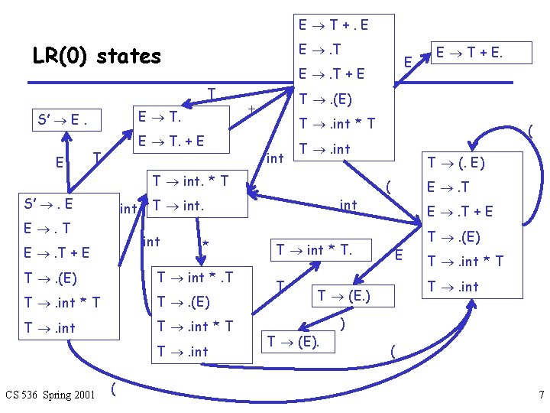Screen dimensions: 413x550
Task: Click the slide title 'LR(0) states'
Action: pyautogui.click(x=97, y=56)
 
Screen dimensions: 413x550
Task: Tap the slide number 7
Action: pyautogui.click(x=541, y=395)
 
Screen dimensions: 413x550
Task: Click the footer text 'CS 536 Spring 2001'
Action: pyautogui.click(x=50, y=395)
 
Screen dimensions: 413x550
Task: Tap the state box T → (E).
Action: pyautogui.click(x=293, y=341)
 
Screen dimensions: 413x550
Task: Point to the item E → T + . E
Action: pyautogui.click(x=333, y=25)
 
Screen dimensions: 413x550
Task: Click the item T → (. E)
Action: pyautogui.click(x=456, y=162)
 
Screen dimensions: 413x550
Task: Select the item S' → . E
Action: pyautogui.click(x=50, y=203)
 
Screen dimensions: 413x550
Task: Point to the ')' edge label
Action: pyautogui.click(x=343, y=324)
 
